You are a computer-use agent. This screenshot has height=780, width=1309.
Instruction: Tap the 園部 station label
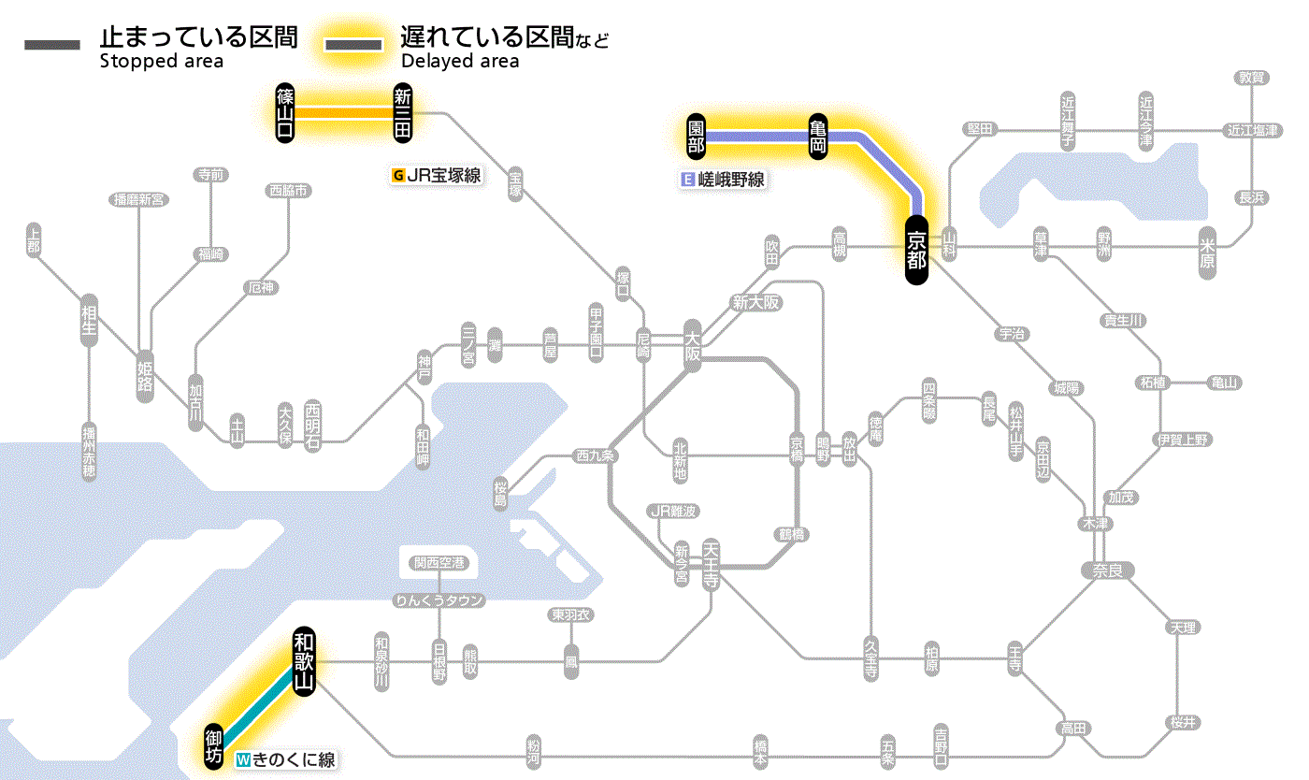pos(696,137)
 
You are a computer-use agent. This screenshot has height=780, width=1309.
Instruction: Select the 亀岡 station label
pos(819,137)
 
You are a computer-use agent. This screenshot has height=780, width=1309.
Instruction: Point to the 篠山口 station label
pos(286,113)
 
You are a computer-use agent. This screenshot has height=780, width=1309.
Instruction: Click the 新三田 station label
pos(403,113)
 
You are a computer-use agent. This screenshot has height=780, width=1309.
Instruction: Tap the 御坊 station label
pos(214,745)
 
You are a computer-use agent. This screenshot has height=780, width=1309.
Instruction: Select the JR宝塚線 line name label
pos(437,175)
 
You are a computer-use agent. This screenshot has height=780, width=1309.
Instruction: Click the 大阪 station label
pos(693,349)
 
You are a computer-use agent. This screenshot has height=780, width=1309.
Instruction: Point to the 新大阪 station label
pos(756,302)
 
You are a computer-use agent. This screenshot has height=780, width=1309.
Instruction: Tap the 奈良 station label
pos(1107,569)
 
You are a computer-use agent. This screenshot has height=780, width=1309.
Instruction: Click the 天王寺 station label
pos(711,562)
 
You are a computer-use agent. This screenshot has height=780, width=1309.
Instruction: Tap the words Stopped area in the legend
pos(161,62)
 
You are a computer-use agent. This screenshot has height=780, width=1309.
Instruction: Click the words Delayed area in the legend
pos(459,62)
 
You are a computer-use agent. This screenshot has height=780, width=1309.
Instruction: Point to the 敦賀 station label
pos(1252,78)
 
